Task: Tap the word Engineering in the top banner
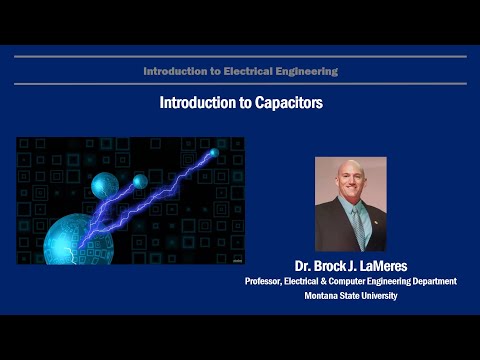pyautogui.click(x=305, y=71)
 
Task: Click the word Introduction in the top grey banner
pyautogui.click(x=175, y=71)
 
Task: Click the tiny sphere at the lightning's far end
pyautogui.click(x=213, y=152)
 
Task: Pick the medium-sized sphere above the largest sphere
pyautogui.click(x=105, y=186)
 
